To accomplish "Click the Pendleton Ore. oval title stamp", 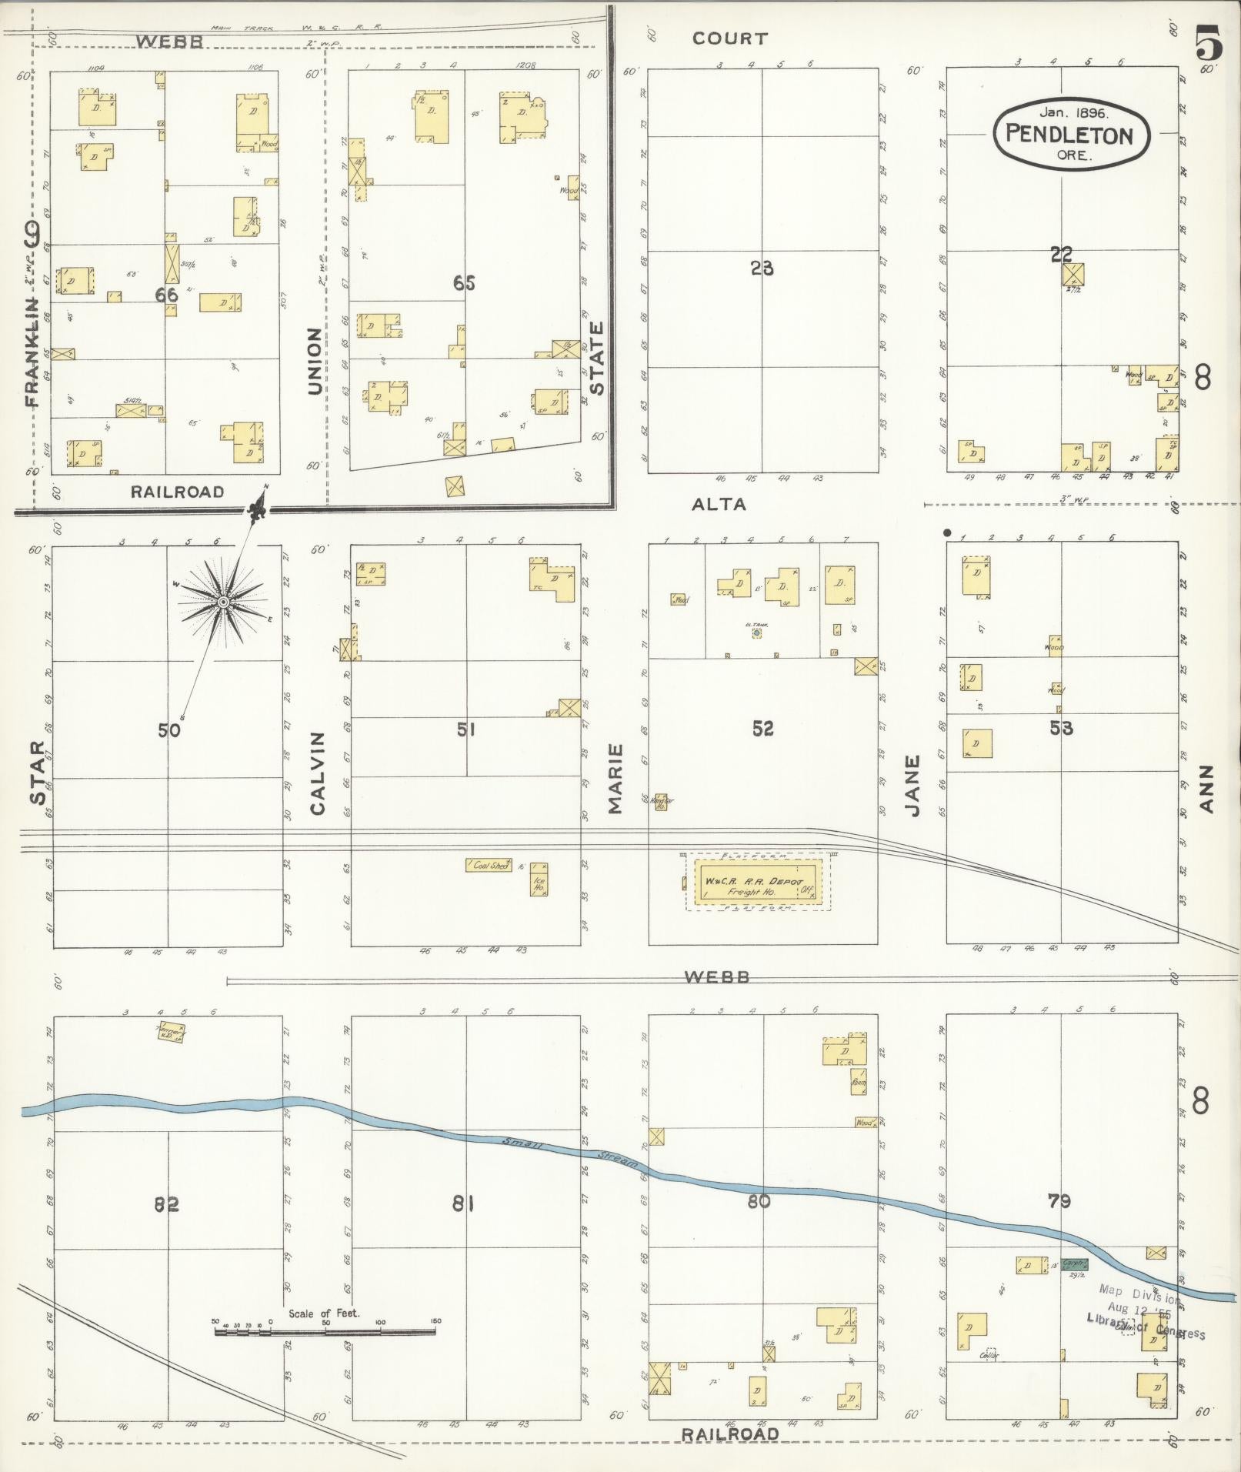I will click(1071, 134).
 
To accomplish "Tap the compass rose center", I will click(222, 602).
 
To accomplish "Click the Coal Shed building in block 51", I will click(489, 865).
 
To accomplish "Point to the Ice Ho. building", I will click(539, 880).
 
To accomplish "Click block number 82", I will click(166, 1203).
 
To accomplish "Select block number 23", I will click(762, 269).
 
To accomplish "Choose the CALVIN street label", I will click(318, 773).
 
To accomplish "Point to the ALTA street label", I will click(719, 504).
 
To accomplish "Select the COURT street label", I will click(729, 38).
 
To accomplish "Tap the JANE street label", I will click(912, 786).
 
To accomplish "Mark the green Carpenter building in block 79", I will click(1074, 1264).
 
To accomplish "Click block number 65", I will click(464, 283).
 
